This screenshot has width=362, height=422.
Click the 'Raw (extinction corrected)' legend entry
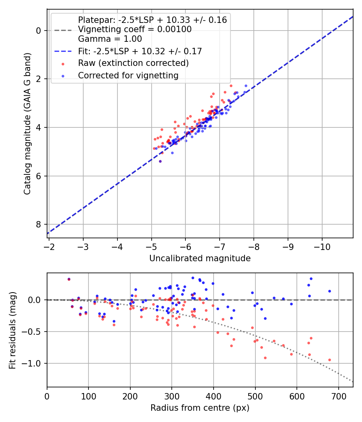click(x=133, y=63)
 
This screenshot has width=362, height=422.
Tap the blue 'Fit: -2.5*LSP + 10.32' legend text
click(x=140, y=51)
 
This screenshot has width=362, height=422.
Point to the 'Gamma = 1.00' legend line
click(x=110, y=39)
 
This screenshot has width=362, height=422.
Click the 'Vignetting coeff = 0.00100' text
click(x=134, y=29)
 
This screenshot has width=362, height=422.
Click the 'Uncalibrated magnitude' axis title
click(x=200, y=258)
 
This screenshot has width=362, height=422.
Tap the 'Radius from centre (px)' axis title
click(x=200, y=408)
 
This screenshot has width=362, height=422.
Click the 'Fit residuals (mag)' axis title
click(x=12, y=330)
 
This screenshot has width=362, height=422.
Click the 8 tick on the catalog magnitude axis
click(x=39, y=224)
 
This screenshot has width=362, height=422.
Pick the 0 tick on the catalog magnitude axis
click(x=39, y=31)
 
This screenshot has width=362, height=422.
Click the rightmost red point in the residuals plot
click(x=329, y=360)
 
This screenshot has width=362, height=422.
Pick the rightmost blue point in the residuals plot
click(x=329, y=291)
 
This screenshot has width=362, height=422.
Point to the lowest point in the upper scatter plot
click(x=160, y=161)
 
